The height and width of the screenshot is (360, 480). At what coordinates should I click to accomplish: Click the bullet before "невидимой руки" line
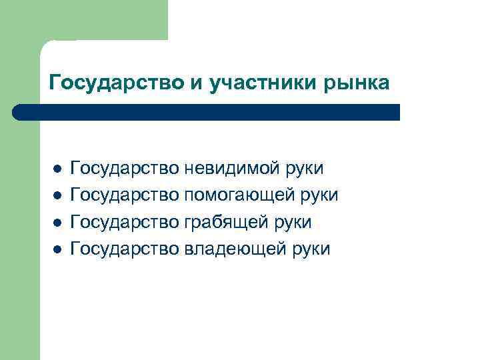click(58, 169)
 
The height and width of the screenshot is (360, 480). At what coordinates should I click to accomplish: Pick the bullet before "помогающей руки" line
click(58, 195)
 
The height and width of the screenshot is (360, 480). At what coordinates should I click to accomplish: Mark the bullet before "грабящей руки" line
click(58, 222)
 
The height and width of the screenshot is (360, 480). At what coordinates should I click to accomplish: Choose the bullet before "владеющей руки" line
click(58, 249)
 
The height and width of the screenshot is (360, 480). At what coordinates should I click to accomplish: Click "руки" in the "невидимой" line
click(304, 169)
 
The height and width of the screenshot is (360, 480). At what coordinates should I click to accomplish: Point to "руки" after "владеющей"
click(310, 249)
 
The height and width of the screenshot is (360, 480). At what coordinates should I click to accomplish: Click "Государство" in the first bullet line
click(125, 169)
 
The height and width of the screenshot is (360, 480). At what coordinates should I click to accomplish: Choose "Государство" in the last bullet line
click(125, 249)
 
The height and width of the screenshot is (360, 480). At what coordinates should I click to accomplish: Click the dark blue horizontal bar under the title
click(213, 112)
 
